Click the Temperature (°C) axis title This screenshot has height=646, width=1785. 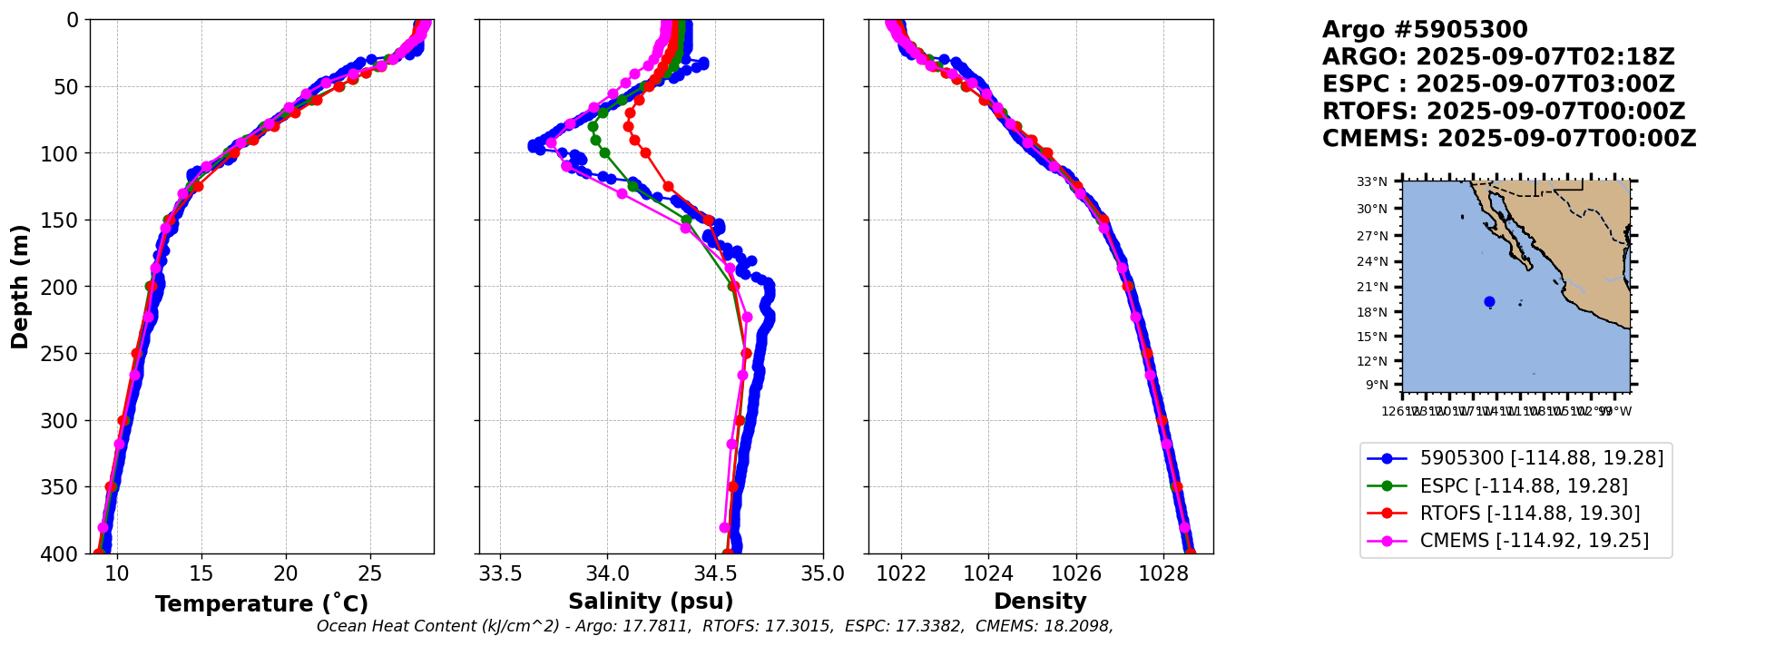(261, 604)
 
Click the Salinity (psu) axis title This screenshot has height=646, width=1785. (651, 602)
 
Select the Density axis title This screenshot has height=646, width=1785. (1040, 602)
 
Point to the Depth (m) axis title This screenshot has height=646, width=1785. (20, 287)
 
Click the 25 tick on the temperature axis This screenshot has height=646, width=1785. (370, 574)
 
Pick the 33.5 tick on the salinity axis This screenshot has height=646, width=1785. (500, 574)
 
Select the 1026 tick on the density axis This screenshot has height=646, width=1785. (1076, 574)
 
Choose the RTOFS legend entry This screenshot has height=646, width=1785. (1529, 514)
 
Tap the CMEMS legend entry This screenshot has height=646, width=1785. (1534, 541)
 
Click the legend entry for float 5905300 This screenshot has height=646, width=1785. (1541, 458)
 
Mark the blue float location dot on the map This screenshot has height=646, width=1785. (1489, 302)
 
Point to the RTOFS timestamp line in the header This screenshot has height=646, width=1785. (1503, 112)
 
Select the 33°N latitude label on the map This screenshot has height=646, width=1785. (1372, 182)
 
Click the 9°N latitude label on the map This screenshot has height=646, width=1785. (1377, 385)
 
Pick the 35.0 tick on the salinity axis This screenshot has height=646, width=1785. (823, 574)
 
